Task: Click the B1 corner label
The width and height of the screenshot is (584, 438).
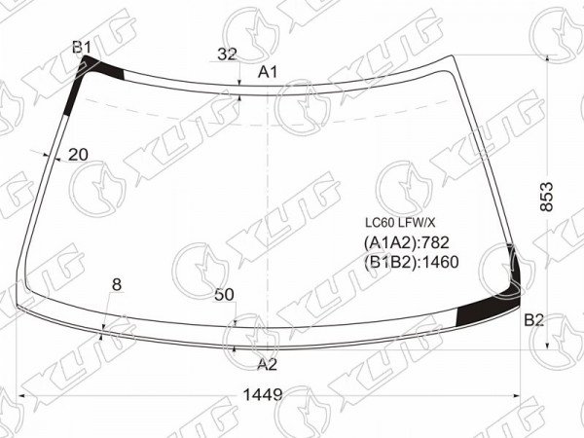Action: [82, 48]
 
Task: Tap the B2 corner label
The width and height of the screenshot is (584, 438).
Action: [534, 320]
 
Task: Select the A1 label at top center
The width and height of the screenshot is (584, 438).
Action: [268, 72]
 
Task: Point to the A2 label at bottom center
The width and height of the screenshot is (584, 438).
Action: [267, 364]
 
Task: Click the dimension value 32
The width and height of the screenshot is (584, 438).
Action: [227, 55]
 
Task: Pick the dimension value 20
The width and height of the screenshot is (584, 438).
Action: [78, 154]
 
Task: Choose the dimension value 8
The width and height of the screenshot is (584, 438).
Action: [117, 285]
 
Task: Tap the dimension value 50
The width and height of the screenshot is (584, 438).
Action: [224, 295]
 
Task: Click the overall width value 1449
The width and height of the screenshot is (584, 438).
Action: [263, 394]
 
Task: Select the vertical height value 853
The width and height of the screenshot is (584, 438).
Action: [546, 197]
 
